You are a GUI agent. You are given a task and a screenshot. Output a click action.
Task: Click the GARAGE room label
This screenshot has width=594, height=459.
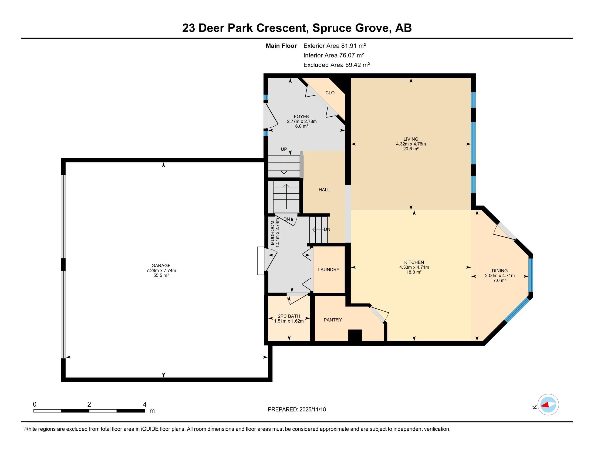161,265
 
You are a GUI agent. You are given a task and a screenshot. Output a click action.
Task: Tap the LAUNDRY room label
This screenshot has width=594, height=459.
329,269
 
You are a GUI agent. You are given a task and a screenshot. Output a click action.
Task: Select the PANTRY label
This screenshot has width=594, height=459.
332,320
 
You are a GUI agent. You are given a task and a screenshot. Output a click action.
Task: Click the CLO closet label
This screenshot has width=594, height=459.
330,93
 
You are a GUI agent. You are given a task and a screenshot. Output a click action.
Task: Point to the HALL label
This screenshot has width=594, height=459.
324,190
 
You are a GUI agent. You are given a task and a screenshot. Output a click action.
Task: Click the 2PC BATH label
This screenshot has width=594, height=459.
289,316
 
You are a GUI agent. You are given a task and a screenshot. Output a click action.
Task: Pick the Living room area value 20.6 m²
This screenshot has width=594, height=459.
411,149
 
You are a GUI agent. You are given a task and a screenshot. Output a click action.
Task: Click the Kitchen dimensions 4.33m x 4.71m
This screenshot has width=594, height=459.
414,267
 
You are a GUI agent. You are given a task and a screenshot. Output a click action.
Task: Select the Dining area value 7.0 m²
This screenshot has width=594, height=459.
499,280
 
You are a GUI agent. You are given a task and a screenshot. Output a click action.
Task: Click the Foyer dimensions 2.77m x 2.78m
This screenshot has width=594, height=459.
302,121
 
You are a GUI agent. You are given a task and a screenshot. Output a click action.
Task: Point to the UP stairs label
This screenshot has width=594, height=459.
284,149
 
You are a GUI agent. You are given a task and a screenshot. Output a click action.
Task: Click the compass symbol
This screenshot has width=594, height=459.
548,404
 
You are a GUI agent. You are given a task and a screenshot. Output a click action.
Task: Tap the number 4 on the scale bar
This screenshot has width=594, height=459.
144,404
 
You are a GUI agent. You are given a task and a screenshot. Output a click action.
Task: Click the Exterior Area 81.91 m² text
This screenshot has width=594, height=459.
334,46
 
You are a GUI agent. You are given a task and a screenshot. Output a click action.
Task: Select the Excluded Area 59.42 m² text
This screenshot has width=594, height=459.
336,65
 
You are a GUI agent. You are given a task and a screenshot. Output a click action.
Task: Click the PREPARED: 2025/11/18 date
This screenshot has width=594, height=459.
297,409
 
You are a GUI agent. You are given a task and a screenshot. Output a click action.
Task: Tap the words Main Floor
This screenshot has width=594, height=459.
281,46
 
